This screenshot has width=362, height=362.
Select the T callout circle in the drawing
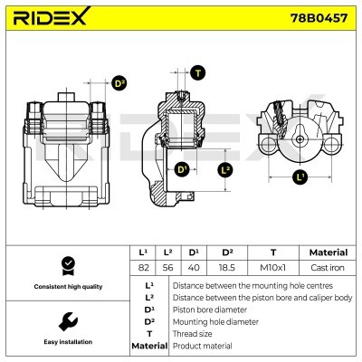click(x=198, y=72)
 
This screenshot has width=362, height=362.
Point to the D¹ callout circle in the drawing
click(x=182, y=169)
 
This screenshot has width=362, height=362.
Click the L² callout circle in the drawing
click(x=226, y=169)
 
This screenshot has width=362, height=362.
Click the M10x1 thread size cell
click(x=274, y=267)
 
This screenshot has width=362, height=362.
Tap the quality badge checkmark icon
click(x=65, y=265)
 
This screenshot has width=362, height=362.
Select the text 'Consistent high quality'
click(x=65, y=287)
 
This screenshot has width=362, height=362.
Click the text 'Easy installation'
click(x=65, y=342)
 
